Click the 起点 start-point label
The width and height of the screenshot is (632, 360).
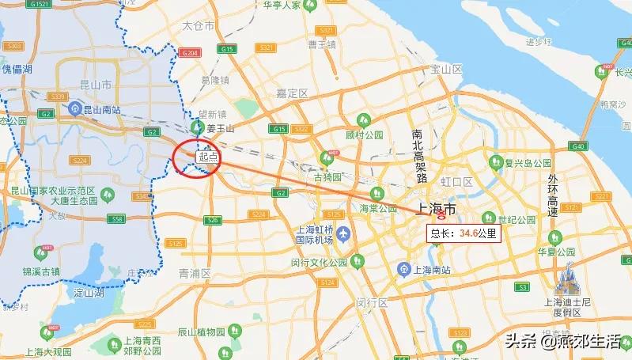(207, 157)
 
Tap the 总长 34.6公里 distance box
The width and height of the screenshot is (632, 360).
(464, 233)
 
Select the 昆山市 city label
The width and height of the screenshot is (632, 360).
(94, 84)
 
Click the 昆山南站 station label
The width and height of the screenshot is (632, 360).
(102, 108)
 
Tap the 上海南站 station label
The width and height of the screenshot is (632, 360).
(432, 270)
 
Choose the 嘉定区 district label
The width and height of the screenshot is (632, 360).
(291, 93)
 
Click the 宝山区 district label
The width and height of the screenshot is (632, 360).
(445, 70)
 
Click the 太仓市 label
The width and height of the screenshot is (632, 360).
(198, 26)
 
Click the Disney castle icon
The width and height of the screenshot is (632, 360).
(566, 278)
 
